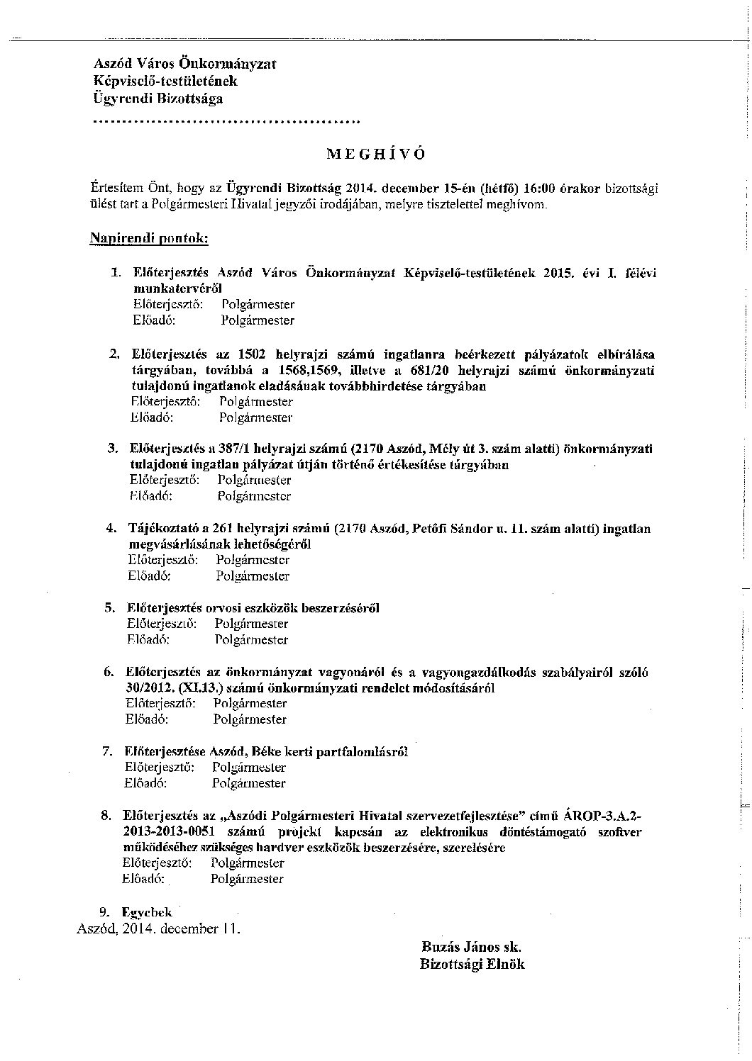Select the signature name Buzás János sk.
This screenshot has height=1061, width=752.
pyautogui.click(x=472, y=946)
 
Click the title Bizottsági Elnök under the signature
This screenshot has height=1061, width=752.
pyautogui.click(x=472, y=964)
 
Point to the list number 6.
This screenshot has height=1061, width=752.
pyautogui.click(x=109, y=672)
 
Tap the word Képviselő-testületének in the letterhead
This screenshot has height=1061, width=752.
pyautogui.click(x=165, y=82)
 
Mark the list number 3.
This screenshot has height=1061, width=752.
pyautogui.click(x=111, y=449)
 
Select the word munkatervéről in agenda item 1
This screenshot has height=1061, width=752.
pyautogui.click(x=177, y=288)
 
